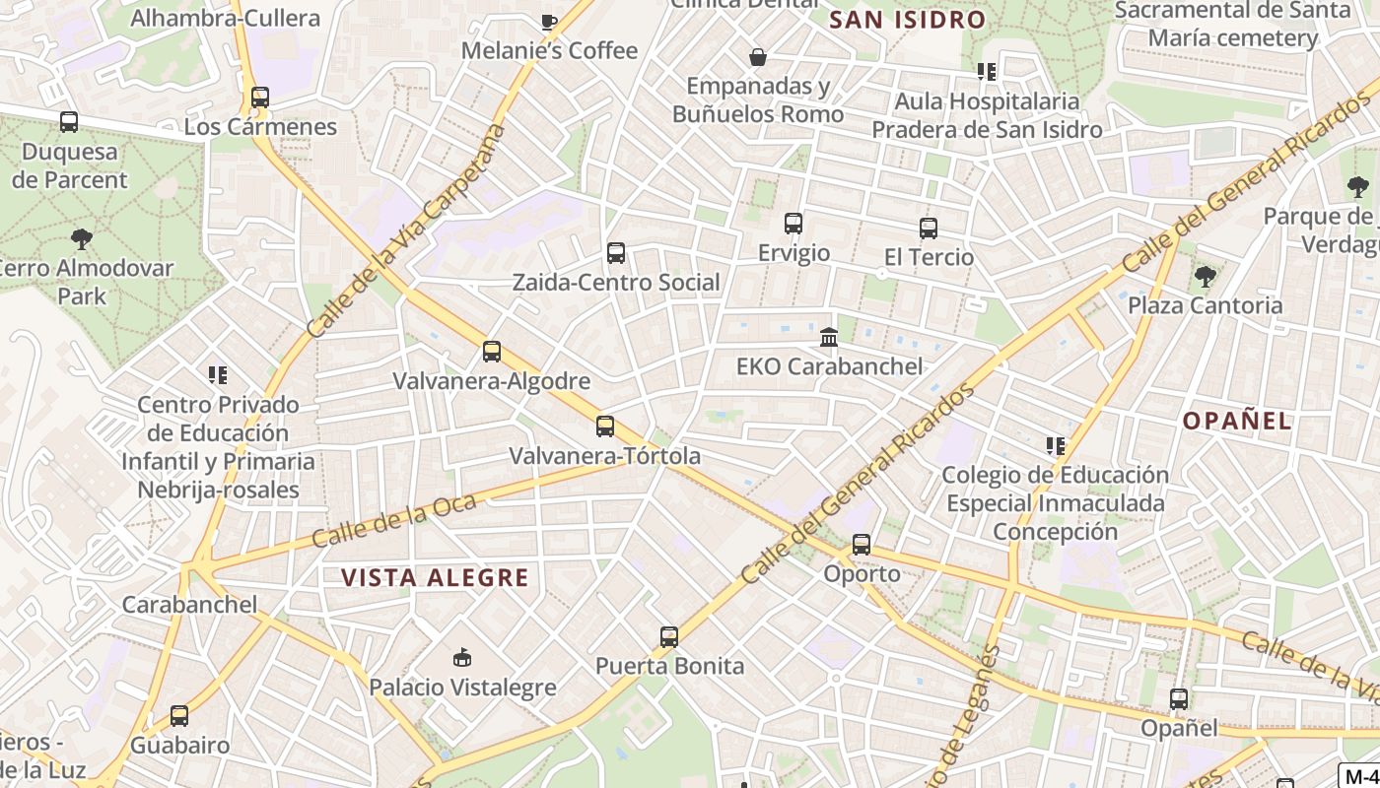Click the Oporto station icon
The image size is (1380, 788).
862,545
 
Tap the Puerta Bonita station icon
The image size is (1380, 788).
669,637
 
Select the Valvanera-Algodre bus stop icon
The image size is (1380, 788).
492,352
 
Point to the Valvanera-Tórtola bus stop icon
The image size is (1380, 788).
605,427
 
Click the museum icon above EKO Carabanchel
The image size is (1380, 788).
829,338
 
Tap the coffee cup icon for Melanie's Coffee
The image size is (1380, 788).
549,22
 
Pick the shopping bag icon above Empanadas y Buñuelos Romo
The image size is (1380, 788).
758,57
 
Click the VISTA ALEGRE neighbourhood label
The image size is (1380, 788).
435,577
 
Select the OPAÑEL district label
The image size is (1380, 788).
1237,421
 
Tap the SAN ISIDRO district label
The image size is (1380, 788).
908,19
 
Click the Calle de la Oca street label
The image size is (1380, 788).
394,520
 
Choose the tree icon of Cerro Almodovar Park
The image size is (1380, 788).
82,238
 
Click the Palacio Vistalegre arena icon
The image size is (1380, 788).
461,657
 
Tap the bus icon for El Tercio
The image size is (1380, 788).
928,229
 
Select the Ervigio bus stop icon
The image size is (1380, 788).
793,224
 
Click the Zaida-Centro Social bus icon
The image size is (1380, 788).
616,253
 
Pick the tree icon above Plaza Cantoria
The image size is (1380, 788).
1205,276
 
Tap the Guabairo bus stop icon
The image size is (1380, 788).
179,716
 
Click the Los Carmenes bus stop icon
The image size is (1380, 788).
260,98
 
